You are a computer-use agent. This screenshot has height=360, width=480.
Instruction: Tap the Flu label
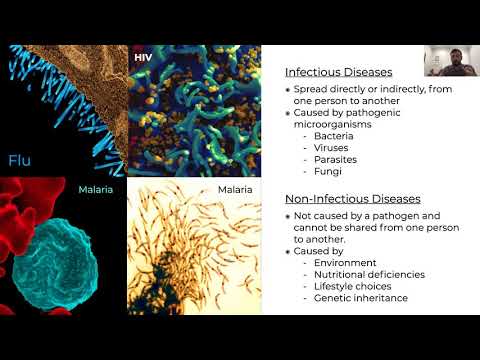[23, 159]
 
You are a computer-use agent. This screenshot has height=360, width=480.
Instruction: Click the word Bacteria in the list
[335, 135]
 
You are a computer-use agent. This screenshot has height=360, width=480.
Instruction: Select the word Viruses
[333, 147]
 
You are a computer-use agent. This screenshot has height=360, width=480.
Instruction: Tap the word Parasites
[337, 159]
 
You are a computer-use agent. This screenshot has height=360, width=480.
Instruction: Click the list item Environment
[346, 263]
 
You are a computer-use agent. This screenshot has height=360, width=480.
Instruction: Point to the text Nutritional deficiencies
[369, 275]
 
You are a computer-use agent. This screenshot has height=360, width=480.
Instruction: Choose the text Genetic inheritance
[360, 299]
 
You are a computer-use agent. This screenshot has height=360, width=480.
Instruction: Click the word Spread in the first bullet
[314, 89]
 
